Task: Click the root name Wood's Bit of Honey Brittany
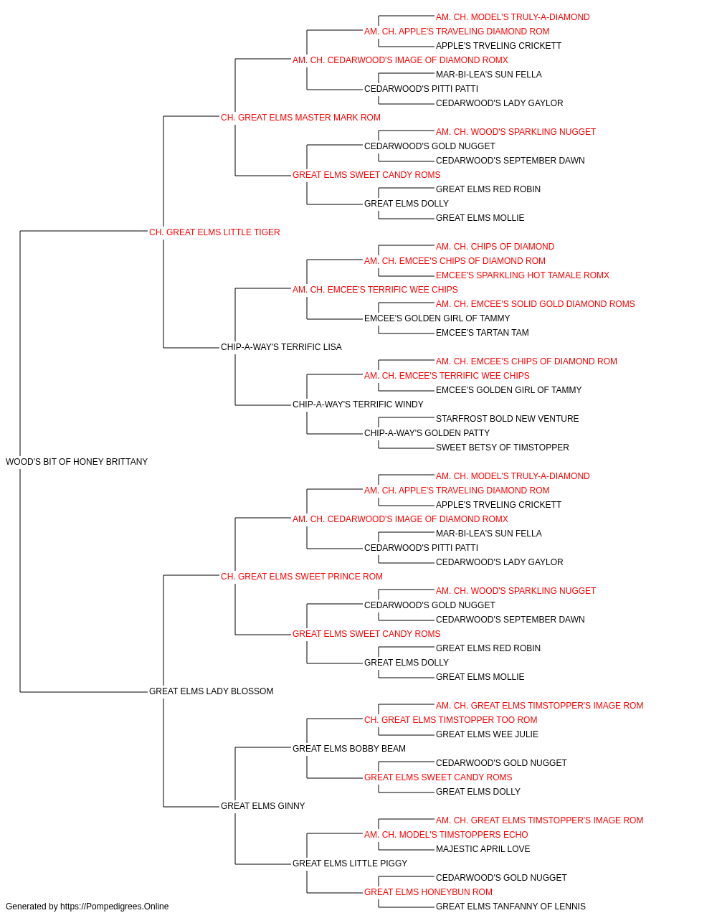[77, 461]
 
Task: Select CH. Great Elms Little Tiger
[214, 232]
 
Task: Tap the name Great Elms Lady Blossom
[211, 691]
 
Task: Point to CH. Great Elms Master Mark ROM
[300, 117]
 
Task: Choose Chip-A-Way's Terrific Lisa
[281, 346]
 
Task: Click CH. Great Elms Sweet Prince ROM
[301, 576]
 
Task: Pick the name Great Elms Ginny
[262, 805]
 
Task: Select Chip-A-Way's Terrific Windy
[358, 404]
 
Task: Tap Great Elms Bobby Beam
[348, 748]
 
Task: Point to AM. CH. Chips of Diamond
[495, 246]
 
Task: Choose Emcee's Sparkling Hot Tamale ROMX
[523, 275]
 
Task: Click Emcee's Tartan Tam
[483, 333]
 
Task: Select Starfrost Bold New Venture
[507, 418]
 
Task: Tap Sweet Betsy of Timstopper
[502, 447]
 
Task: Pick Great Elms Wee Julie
[487, 734]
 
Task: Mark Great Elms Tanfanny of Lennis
[511, 907]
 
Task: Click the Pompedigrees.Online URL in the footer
[114, 907]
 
